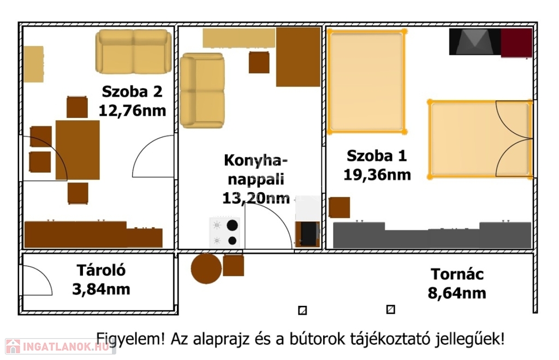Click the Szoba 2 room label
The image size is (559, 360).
[132, 92]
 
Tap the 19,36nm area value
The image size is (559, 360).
[377, 175]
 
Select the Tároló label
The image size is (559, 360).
[101, 270]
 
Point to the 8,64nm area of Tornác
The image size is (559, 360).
[457, 293]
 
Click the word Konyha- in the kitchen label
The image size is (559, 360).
[255, 161]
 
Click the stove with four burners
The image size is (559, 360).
[224, 232]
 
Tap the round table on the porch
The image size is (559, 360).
[206, 268]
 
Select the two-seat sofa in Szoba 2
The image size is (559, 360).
[133, 51]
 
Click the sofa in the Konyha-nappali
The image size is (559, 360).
[202, 91]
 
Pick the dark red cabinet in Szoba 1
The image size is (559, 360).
[516, 43]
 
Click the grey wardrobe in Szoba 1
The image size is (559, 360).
[432, 235]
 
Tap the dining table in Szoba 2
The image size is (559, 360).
[78, 150]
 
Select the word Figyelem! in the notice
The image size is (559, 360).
[130, 339]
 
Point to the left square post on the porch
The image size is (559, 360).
[302, 310]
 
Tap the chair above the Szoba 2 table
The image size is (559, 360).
[77, 107]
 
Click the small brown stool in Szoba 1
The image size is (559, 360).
[340, 207]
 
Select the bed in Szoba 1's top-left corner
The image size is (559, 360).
[367, 82]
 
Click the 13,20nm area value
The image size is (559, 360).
[256, 198]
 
